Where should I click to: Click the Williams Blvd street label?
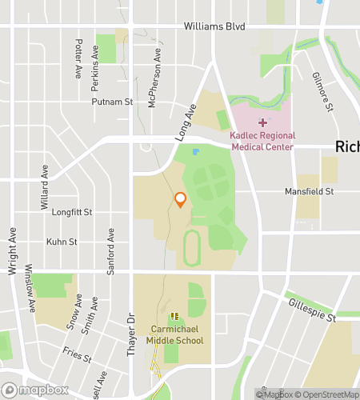(x=214, y=26)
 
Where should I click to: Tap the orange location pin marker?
(x=181, y=200)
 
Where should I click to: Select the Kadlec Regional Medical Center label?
(x=262, y=142)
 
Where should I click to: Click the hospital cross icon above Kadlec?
(x=262, y=122)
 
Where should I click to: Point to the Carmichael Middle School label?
(x=177, y=334)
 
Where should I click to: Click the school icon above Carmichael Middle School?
(x=174, y=318)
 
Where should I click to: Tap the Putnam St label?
(x=112, y=102)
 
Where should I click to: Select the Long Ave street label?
(x=185, y=125)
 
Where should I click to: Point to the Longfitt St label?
(x=72, y=213)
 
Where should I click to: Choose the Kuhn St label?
(x=62, y=242)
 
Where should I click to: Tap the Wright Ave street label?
(x=13, y=252)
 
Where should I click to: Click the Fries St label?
(x=78, y=354)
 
